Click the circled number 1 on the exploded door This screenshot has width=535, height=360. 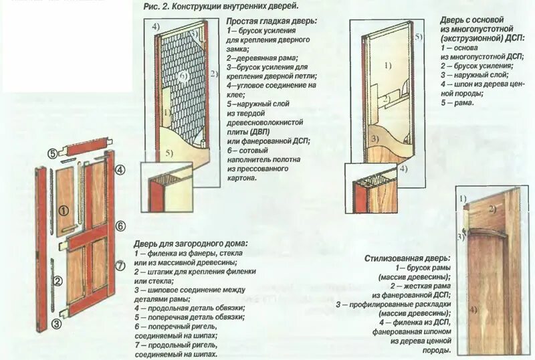coord(63,210)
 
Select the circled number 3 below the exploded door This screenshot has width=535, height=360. coord(57,325)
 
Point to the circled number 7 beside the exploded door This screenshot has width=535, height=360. coord(120,266)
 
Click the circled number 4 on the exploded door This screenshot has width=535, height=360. coord(120,170)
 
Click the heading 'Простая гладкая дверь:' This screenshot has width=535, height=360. coord(270,21)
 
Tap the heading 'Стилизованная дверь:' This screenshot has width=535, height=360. coord(407,258)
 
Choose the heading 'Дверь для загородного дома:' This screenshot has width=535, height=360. coord(190,244)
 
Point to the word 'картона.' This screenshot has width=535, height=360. coord(241,179)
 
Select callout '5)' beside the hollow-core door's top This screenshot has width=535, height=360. coord(418,37)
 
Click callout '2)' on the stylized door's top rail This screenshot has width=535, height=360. coord(492,209)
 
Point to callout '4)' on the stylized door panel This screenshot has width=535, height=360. coord(473,310)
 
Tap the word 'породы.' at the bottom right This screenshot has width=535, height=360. coord(438,350)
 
